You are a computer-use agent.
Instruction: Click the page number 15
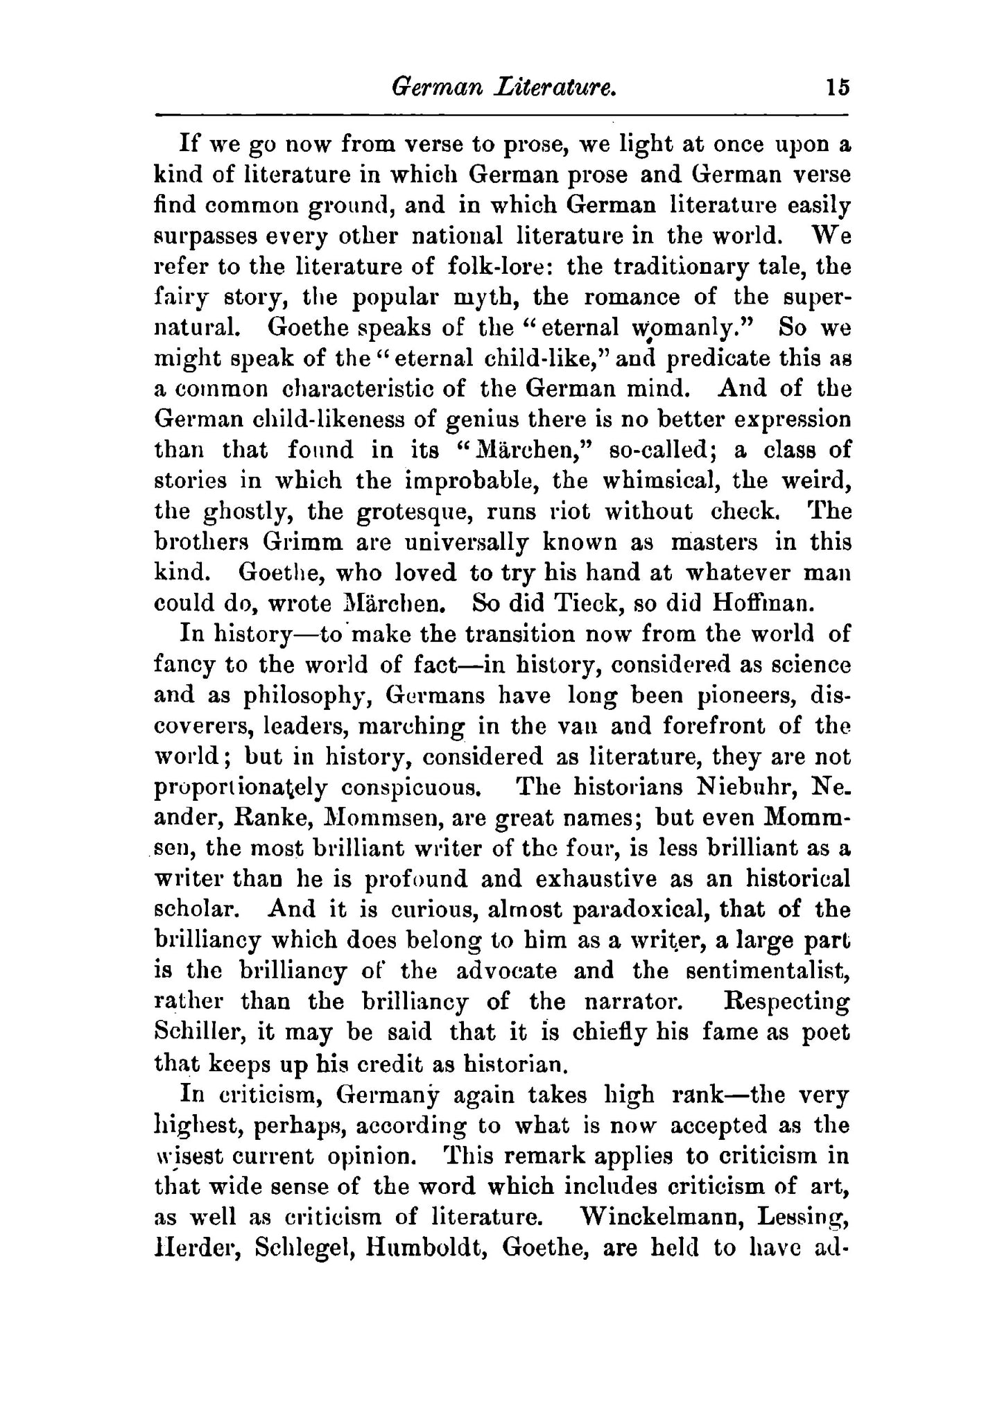click(837, 88)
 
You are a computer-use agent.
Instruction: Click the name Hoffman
click(761, 602)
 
